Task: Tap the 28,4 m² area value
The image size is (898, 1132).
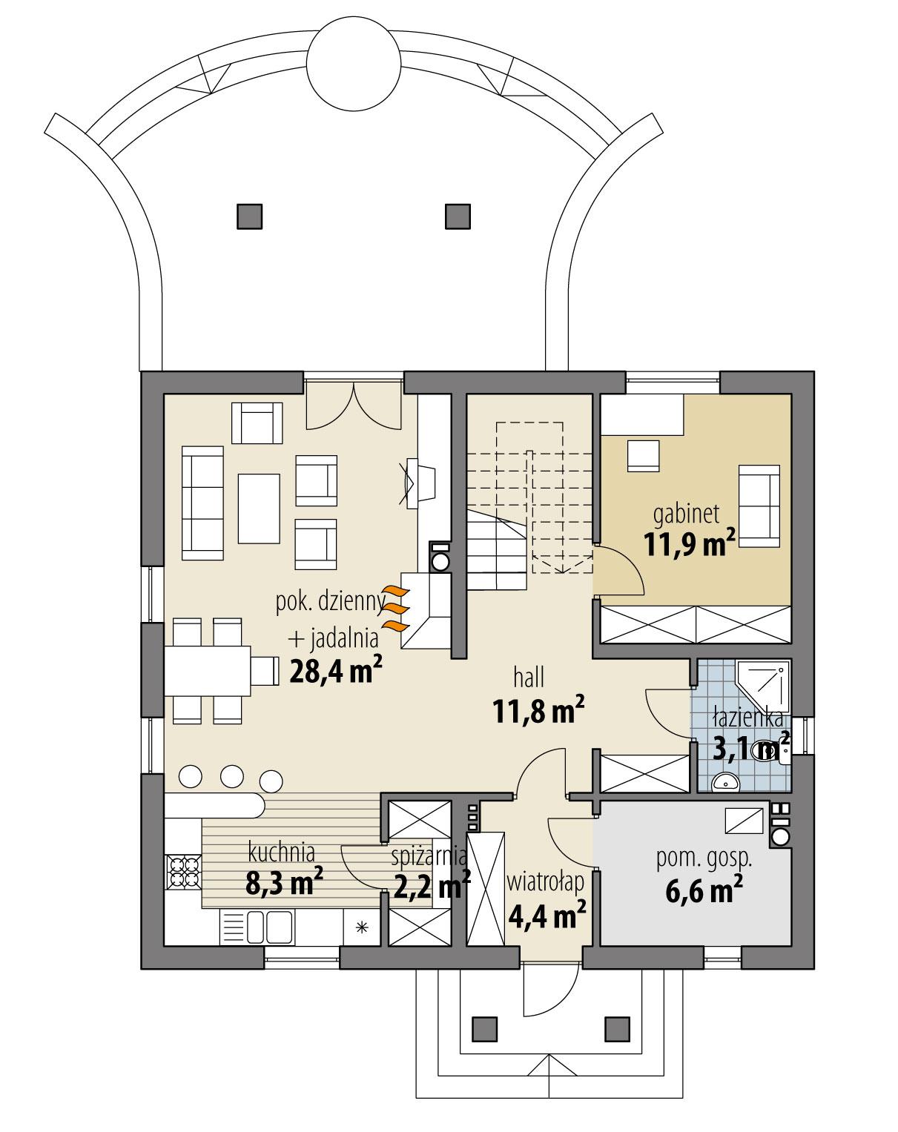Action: pyautogui.click(x=335, y=671)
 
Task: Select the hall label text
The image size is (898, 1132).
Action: pyautogui.click(x=529, y=677)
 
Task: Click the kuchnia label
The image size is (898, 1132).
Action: pyautogui.click(x=282, y=852)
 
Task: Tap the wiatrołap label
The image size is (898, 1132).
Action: pyautogui.click(x=546, y=881)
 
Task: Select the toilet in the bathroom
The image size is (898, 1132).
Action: pyautogui.click(x=765, y=750)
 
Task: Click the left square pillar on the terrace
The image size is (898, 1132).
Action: pyautogui.click(x=249, y=215)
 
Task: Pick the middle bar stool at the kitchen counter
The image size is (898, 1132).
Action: pyautogui.click(x=233, y=775)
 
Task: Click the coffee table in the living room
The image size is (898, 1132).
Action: pyautogui.click(x=258, y=508)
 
